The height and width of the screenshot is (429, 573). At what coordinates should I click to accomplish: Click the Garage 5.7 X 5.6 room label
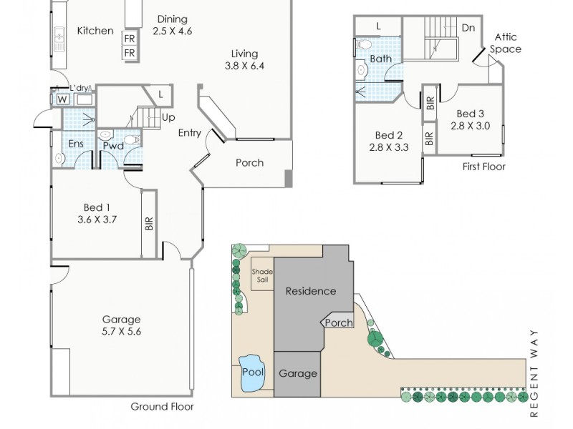point(120,325)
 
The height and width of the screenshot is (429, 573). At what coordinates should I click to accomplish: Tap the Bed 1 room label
point(97,213)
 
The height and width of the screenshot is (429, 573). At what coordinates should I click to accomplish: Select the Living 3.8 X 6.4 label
point(244,59)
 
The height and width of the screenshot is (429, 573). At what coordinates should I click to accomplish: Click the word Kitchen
point(95,30)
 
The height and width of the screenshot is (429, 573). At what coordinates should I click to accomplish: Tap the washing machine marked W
point(62,99)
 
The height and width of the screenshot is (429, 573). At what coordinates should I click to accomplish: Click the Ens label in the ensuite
point(75,144)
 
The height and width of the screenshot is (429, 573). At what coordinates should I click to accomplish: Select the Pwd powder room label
point(112,146)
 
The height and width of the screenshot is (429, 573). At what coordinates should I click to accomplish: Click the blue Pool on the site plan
point(253,372)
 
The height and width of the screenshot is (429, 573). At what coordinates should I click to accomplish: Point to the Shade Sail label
point(261,275)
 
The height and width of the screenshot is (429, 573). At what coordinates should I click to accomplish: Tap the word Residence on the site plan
point(310,291)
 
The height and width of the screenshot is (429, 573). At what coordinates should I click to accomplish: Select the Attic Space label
point(506,43)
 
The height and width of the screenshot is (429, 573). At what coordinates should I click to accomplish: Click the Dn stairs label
point(468,28)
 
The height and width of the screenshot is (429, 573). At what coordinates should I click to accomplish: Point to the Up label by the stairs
point(168,117)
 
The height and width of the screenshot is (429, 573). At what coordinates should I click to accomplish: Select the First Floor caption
point(483,167)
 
